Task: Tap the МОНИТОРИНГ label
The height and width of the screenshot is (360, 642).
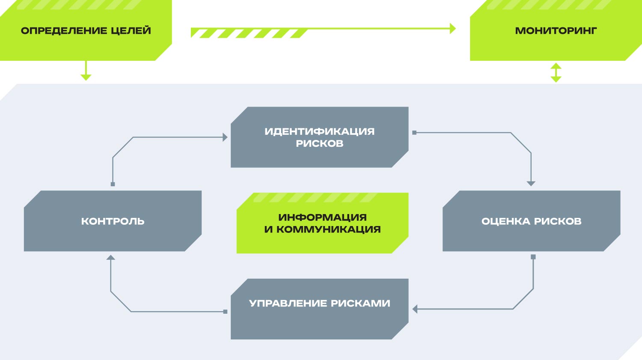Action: (556, 31)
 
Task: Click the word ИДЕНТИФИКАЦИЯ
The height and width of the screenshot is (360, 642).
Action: (320, 131)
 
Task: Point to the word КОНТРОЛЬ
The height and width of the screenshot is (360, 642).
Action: (113, 221)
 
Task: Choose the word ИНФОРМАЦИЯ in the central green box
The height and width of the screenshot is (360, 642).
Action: (322, 217)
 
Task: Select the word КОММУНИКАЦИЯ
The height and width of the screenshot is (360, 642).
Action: (328, 229)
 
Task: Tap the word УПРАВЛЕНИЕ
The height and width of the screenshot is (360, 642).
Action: (288, 303)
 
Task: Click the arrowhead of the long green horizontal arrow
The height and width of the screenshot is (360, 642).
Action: (453, 28)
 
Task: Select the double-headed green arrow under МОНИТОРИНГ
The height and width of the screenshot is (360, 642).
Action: (556, 73)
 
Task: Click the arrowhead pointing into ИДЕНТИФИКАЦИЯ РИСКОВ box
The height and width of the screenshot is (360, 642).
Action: (225, 137)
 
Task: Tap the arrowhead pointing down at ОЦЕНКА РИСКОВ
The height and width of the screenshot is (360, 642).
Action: (531, 184)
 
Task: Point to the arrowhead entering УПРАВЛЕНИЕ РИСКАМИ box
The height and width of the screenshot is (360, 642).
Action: (415, 309)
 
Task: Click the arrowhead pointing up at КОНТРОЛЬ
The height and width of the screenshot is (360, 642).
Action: (110, 257)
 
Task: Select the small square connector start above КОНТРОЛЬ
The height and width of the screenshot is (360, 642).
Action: (113, 184)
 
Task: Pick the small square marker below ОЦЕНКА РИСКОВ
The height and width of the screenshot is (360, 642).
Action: (533, 257)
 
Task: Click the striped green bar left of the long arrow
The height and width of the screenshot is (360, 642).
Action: (250, 33)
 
